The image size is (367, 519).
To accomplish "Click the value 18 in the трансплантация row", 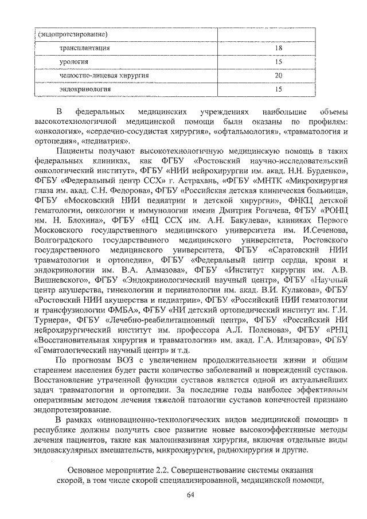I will [278, 49].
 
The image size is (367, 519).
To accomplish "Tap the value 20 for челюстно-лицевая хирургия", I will [278, 76].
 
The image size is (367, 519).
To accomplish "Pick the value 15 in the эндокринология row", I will [278, 89].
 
